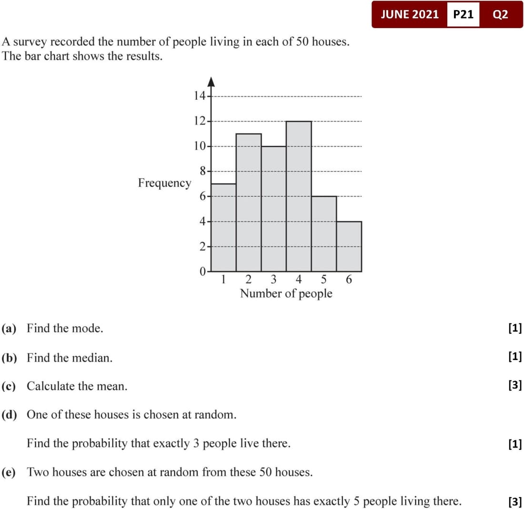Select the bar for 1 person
[x=223, y=228]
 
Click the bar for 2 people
[x=249, y=202]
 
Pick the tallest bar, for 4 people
[x=299, y=196]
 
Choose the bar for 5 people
[x=324, y=233]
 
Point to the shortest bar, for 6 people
[x=349, y=246]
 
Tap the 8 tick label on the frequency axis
[x=202, y=171]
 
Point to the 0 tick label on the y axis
[x=202, y=272]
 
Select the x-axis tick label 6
[x=349, y=280]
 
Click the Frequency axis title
[x=164, y=183]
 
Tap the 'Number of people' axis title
[x=286, y=293]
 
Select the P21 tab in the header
[x=463, y=14]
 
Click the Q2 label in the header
[x=501, y=14]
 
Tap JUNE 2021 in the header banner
[x=410, y=14]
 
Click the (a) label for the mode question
[x=9, y=328]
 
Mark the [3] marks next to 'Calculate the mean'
[x=515, y=386]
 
